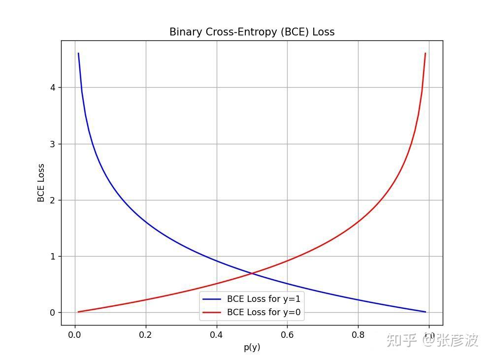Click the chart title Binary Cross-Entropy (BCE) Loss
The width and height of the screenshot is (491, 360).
point(252,32)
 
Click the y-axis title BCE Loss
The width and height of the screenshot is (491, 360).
point(41,183)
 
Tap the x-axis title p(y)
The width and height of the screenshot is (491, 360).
point(252,347)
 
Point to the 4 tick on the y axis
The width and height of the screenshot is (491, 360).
point(52,88)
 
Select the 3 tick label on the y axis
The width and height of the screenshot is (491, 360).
point(52,144)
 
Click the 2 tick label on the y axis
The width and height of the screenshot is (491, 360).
point(52,200)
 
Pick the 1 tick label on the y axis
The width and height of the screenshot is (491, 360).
point(52,257)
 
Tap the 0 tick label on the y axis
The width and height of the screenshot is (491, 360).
point(52,313)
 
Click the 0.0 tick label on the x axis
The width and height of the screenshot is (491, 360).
point(75,335)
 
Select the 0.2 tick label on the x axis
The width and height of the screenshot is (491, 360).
point(146,335)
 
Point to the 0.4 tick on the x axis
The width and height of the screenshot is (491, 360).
point(217,335)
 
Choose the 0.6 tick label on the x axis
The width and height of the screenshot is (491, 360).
point(287,335)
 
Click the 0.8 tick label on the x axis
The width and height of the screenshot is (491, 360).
point(358,335)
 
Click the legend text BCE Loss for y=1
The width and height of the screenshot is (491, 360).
point(263,299)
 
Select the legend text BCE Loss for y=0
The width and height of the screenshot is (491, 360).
point(263,312)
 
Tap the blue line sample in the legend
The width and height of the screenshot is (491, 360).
point(212,299)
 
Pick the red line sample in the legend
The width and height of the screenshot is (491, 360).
point(212,312)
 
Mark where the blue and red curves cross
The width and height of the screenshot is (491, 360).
point(252,273)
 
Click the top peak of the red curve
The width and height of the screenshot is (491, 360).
point(425,53)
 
